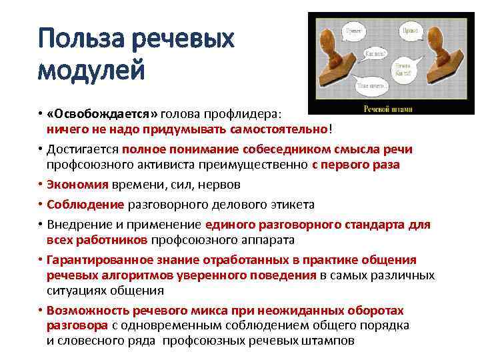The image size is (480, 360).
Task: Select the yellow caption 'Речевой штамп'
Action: click(388, 109)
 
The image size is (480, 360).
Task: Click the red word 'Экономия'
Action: click(71, 183)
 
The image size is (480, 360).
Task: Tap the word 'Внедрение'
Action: click(77, 225)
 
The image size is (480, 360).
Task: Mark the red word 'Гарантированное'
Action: click(93, 259)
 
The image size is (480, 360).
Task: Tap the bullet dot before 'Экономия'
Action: click(41, 183)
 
